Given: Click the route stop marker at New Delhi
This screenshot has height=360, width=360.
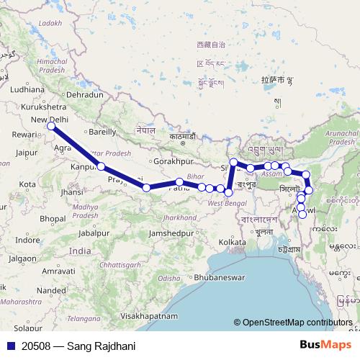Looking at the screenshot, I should coord(51,127).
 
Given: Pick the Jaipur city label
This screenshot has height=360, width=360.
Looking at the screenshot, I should coord(25,153).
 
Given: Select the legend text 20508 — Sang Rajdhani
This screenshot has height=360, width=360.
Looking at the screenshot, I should coord(78,346).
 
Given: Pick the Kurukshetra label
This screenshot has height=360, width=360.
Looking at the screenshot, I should coord(30,107).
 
